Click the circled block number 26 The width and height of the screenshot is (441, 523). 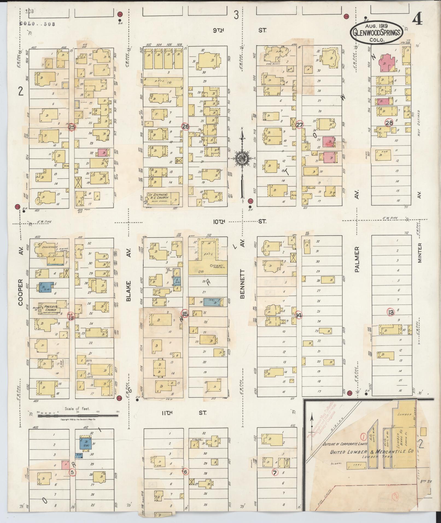[185, 126]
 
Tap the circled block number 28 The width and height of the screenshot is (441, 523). [389, 123]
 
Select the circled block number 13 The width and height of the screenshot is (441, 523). [390, 312]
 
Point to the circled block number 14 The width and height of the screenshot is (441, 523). [299, 315]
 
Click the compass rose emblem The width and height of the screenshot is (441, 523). [242, 159]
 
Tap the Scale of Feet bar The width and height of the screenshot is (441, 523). [78, 416]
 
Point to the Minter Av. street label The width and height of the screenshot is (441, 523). [420, 253]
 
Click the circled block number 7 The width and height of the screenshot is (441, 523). [275, 472]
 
